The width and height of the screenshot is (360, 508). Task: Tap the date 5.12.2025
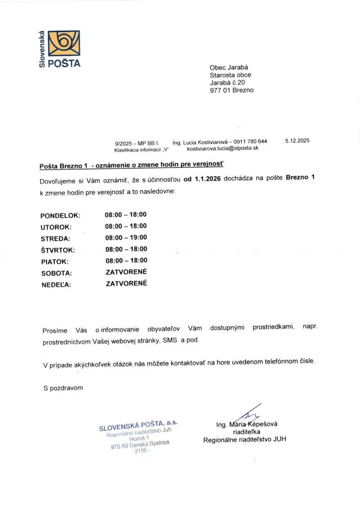pos(297,141)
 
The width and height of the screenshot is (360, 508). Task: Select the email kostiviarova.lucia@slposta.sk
pos(222,148)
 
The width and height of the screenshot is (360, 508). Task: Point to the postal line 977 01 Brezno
pos(231,90)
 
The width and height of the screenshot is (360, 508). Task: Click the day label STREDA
pos(56,239)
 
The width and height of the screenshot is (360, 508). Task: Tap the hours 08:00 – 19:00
pos(126,238)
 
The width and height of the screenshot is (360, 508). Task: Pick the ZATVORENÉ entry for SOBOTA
pos(126,272)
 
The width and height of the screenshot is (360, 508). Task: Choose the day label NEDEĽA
pos(56,285)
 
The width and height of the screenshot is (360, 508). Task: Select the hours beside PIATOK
pos(126,260)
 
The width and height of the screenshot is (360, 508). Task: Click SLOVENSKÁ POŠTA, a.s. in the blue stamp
pos(138,425)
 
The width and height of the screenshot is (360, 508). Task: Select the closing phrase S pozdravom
pos(63,388)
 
